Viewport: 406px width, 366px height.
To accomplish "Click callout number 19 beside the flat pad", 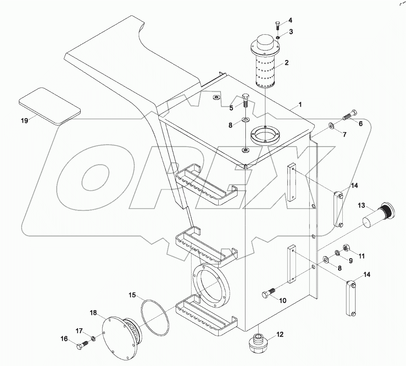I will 25,121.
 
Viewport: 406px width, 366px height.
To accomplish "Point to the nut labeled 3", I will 278,37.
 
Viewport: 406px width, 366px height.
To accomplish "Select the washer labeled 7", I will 330,125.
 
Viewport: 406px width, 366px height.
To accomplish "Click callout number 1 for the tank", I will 300,104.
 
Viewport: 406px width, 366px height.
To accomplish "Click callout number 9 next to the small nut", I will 350,260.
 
